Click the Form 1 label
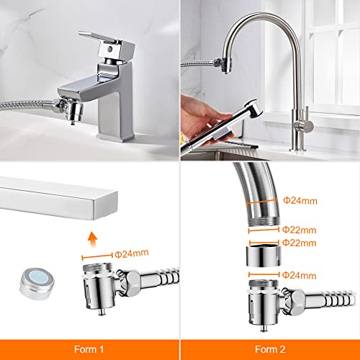coord(89,349)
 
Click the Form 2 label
coord(270,349)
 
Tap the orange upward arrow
coord(92,239)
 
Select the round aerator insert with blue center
coord(37,284)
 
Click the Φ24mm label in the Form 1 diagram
coord(132,253)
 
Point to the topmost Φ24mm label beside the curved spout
coord(300,201)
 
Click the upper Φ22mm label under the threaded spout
coord(299,230)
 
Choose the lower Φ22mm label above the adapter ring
coord(299,243)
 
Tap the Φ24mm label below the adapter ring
coord(299,275)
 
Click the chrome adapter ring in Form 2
coord(264,256)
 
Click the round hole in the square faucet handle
coord(110,49)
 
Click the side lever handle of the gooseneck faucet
coord(305,125)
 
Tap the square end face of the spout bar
coord(106,206)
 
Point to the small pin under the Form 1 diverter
coord(102,312)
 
